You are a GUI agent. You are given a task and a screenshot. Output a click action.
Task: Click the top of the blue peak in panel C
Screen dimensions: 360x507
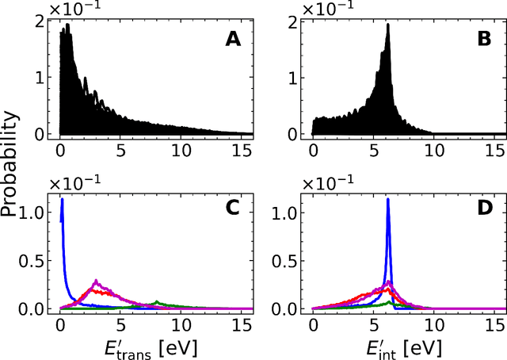62,200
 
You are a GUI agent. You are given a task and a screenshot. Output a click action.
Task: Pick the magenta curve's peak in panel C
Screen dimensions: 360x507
96,281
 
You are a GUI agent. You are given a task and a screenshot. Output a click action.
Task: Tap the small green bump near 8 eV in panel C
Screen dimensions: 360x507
158,301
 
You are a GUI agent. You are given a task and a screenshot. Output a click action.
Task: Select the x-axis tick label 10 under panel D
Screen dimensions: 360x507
434,324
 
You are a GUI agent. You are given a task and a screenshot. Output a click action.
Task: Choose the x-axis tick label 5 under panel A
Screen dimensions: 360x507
121,149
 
